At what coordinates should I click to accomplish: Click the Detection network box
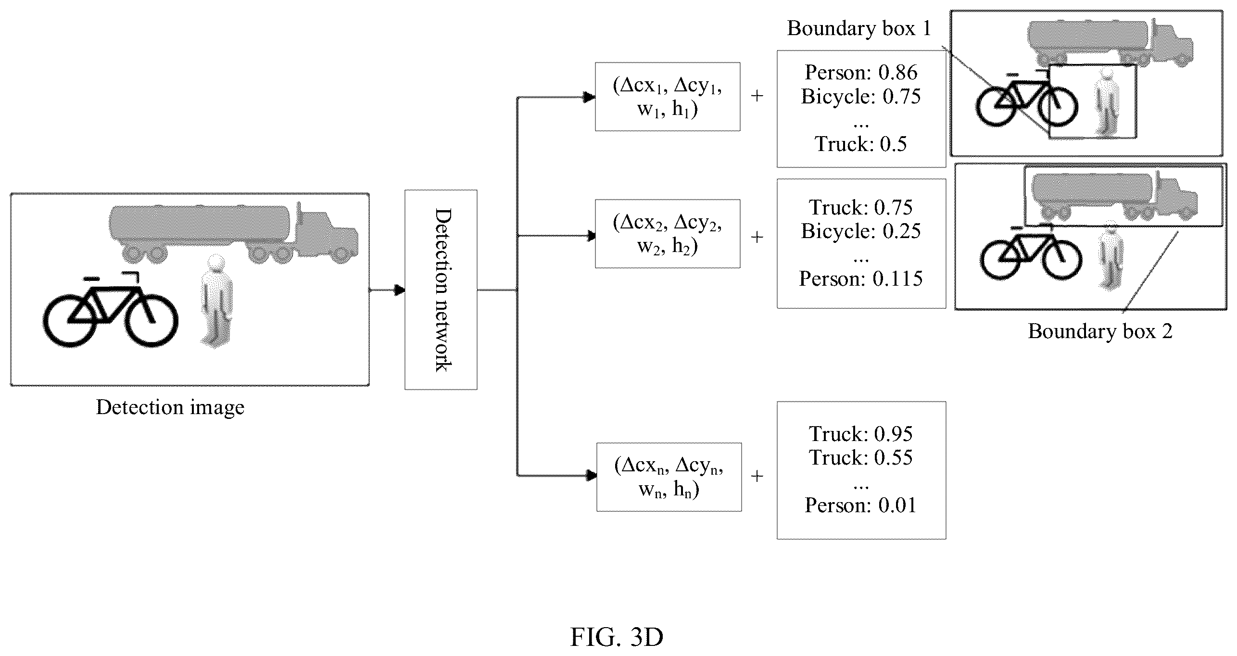(x=441, y=290)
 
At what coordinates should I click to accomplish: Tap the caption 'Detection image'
(x=170, y=408)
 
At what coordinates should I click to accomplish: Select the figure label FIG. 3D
(x=617, y=638)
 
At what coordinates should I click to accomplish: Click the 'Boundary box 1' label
(x=859, y=28)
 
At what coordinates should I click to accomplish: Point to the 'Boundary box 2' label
(x=1100, y=331)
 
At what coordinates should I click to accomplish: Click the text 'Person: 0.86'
(x=861, y=73)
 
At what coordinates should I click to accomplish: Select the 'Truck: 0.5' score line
(x=861, y=144)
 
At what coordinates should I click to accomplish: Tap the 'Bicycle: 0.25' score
(x=861, y=231)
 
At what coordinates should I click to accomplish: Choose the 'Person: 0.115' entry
(x=861, y=279)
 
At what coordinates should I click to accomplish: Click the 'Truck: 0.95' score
(x=861, y=434)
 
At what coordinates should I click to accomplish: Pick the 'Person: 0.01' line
(x=861, y=505)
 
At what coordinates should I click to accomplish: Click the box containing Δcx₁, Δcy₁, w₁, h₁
(x=668, y=97)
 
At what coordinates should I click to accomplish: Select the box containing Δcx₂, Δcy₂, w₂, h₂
(x=668, y=234)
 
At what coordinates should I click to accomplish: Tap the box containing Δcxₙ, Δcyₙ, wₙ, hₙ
(x=669, y=477)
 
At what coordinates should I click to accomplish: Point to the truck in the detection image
(x=234, y=234)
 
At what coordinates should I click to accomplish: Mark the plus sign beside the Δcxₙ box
(x=757, y=477)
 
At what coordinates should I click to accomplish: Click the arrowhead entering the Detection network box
(x=399, y=290)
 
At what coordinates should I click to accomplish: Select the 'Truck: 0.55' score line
(x=861, y=458)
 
